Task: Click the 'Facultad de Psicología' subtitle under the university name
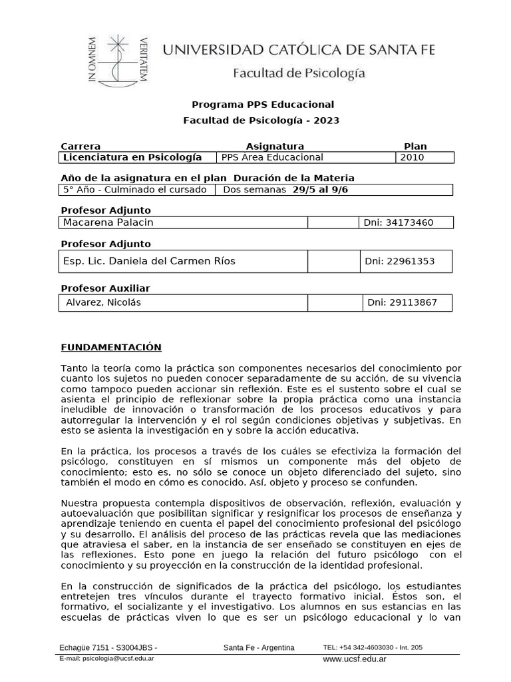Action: coord(298,74)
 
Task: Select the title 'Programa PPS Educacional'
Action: coord(263,105)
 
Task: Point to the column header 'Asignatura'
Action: coord(275,146)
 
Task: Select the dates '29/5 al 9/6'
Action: coord(321,190)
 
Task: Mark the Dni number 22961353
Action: coord(399,261)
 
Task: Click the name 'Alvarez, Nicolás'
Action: coord(104,302)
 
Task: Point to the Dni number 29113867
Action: coord(403,302)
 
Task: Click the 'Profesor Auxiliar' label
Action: coord(105,288)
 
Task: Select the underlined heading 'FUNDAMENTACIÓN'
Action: coord(111,347)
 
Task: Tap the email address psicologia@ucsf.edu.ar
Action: coord(118,657)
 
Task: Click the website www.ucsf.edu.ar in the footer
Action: coord(355,659)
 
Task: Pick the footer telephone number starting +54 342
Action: coord(373,647)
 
